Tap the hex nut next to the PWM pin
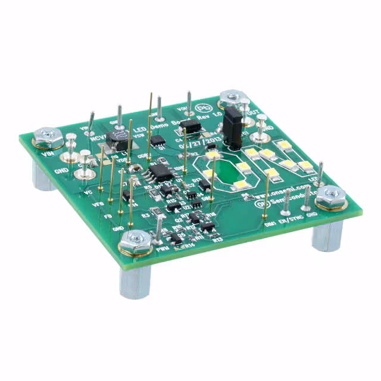click(x=136, y=242)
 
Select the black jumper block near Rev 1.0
click(x=232, y=127)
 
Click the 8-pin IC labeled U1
click(x=159, y=172)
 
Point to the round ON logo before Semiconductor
click(x=259, y=203)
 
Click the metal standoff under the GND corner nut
click(x=327, y=232)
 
